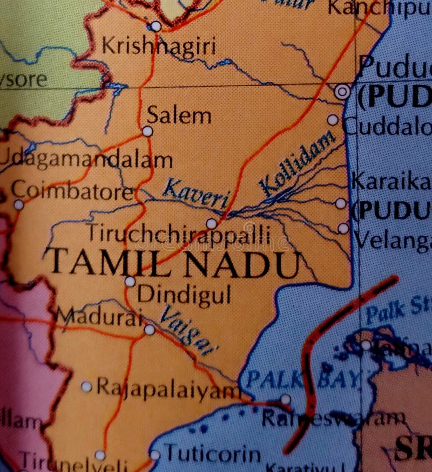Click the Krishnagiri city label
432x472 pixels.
pyautogui.click(x=159, y=47)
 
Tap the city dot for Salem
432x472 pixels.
pyautogui.click(x=147, y=131)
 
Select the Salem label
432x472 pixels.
pyautogui.click(x=179, y=115)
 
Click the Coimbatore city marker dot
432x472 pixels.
pyautogui.click(x=19, y=205)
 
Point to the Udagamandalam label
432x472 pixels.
pyautogui.click(x=86, y=160)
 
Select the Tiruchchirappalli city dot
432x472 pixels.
pyautogui.click(x=211, y=223)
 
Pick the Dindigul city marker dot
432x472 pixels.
pyautogui.click(x=130, y=282)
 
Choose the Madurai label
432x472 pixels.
pyautogui.click(x=99, y=317)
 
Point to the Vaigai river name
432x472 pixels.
pyautogui.click(x=186, y=331)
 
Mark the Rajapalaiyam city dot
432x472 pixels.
pyautogui.click(x=86, y=386)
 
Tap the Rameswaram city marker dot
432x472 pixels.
pyautogui.click(x=286, y=400)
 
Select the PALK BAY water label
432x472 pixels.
pyautogui.click(x=302, y=379)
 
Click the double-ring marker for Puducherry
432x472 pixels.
pyautogui.click(x=342, y=92)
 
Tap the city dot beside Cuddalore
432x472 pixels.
pyautogui.click(x=333, y=120)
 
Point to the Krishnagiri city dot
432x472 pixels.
pyautogui.click(x=156, y=26)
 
